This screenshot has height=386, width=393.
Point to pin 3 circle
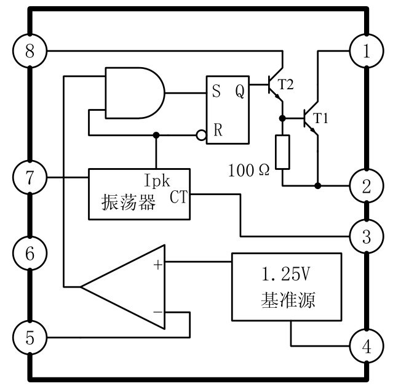pyautogui.click(x=367, y=235)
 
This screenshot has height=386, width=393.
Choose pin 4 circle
pyautogui.click(x=367, y=347)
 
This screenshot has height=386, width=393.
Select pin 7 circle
pyautogui.click(x=29, y=179)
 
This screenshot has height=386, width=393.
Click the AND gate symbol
pyautogui.click(x=134, y=94)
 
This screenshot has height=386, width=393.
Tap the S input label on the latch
pyautogui.click(x=216, y=94)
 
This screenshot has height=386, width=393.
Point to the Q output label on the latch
pyautogui.click(x=240, y=94)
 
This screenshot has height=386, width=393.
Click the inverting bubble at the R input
pyautogui.click(x=200, y=134)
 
